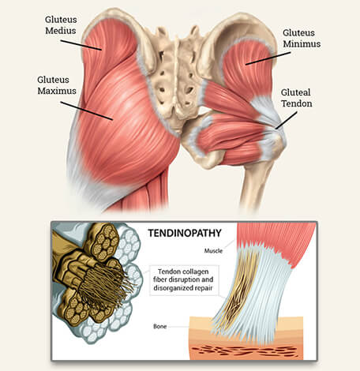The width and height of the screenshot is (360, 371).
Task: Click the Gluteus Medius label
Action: coord(61,25)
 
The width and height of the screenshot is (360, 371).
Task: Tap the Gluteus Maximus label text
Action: coord(57,85)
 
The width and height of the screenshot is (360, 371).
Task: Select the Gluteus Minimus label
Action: coord(302,38)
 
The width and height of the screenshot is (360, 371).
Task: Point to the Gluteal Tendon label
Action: coord(297,98)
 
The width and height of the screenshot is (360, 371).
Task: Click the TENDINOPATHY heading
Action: coord(185,233)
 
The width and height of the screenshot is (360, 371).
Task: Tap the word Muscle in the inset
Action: coord(213,251)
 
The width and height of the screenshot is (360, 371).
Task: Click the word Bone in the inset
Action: coord(160,326)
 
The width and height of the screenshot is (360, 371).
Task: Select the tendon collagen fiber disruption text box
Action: coord(184,280)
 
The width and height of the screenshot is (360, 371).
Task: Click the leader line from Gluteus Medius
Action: coord(81,45)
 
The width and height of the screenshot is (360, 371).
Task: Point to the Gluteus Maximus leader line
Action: coord(87,111)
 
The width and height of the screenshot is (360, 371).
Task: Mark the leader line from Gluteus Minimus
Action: coord(268,58)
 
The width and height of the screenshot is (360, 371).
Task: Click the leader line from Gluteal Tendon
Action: coord(287,120)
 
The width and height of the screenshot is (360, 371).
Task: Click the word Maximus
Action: coord(57,91)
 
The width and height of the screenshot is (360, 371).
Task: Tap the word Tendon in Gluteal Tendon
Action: coord(297,103)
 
